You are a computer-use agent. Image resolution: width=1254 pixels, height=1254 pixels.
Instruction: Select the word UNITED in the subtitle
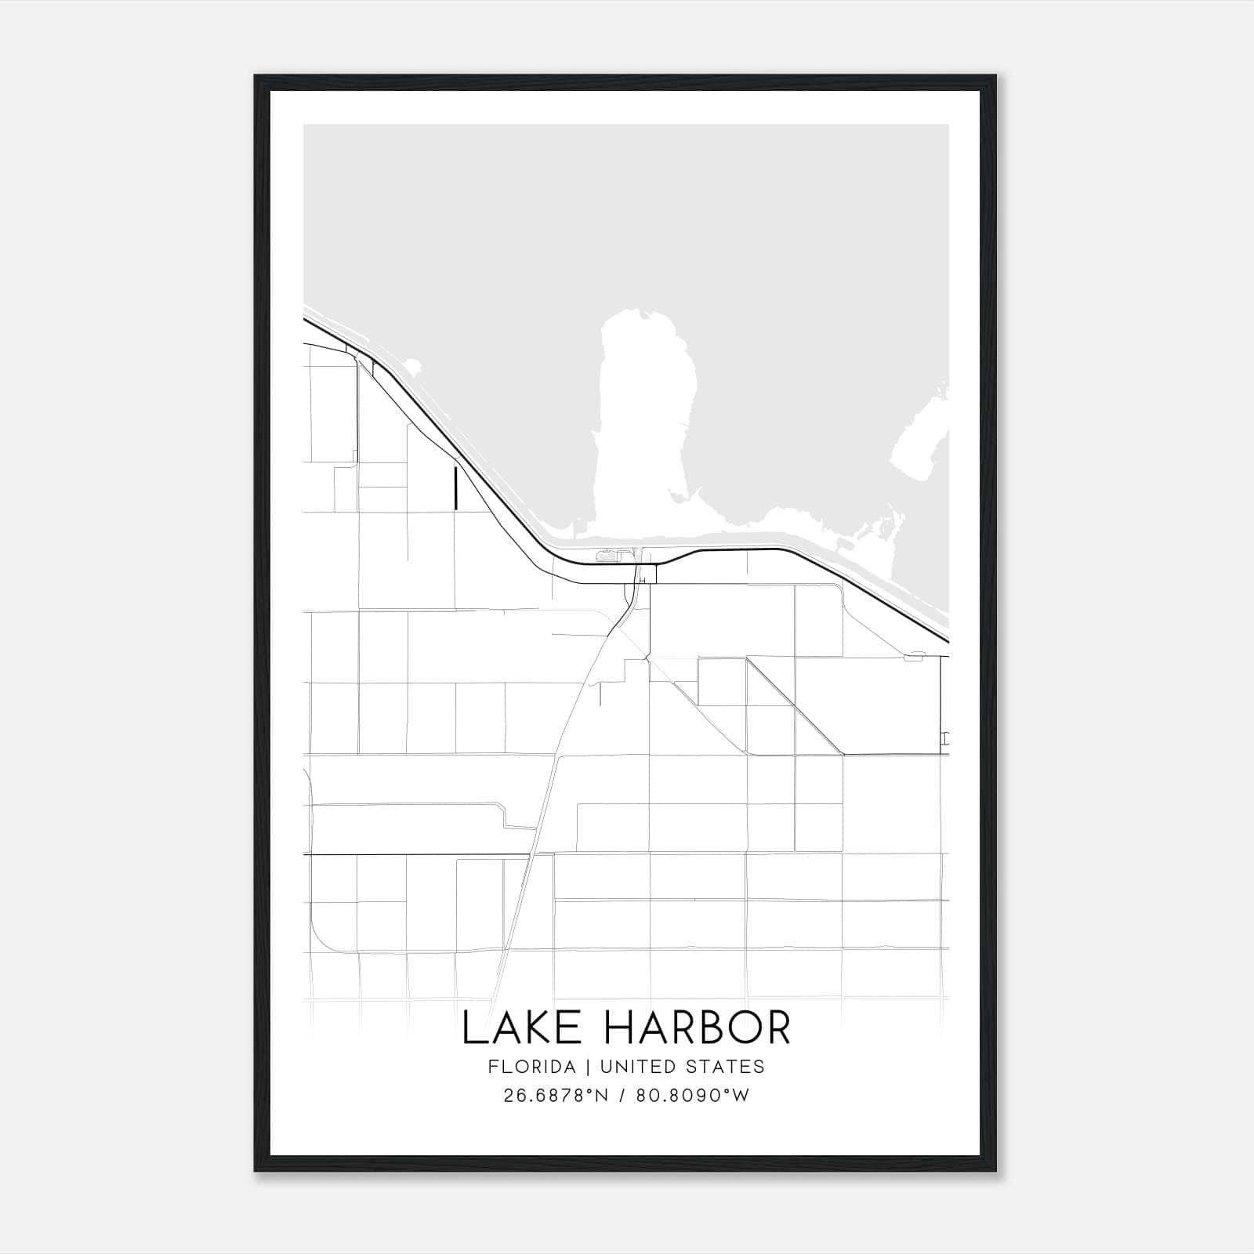[x=629, y=1067]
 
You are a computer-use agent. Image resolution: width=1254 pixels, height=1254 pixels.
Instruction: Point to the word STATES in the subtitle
[x=727, y=1067]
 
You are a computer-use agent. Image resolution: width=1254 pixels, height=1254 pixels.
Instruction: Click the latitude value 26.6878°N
[x=556, y=1096]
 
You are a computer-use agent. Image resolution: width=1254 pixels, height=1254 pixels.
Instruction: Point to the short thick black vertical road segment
[x=455, y=487]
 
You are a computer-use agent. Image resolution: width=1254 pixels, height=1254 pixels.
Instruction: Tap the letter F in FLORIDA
[x=492, y=1067]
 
